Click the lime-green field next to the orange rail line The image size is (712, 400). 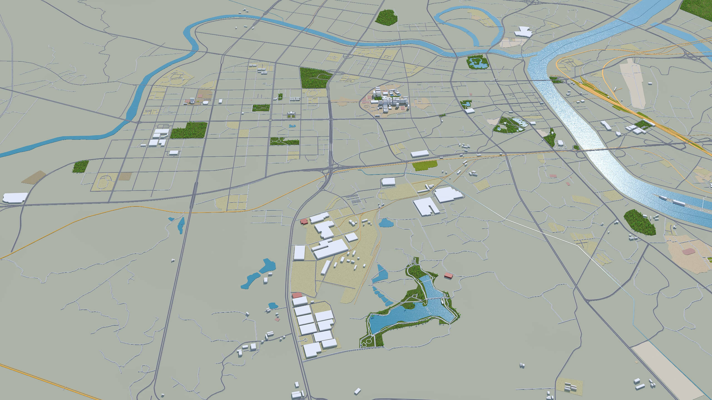click(x=424, y=166)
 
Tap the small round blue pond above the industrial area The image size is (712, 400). click(x=385, y=222)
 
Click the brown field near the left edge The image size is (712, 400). click(x=34, y=177)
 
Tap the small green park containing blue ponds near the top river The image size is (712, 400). click(x=477, y=63)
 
